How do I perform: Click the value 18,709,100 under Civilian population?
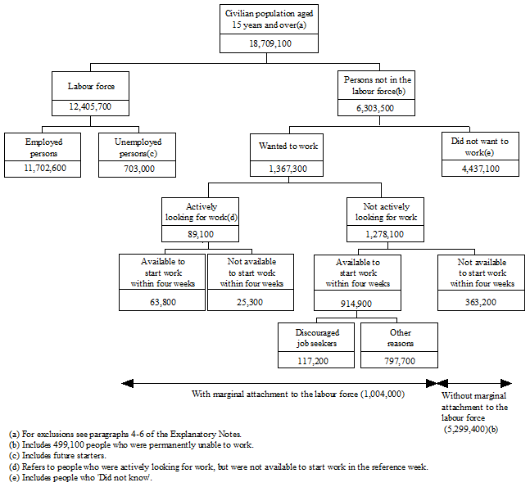pyautogui.click(x=265, y=42)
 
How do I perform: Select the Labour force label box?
pyautogui.click(x=91, y=85)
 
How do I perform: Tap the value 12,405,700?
pyautogui.click(x=91, y=106)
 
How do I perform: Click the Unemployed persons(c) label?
pyautogui.click(x=137, y=147)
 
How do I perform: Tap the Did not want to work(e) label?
pyautogui.click(x=481, y=147)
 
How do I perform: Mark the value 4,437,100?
pyautogui.click(x=481, y=169)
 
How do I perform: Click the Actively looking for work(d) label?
pyautogui.click(x=190, y=212)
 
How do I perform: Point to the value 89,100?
pyautogui.click(x=190, y=234)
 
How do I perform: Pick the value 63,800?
pyautogui.click(x=162, y=301)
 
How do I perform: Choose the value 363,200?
pyautogui.click(x=481, y=301)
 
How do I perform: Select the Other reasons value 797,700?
pyautogui.click(x=399, y=360)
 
